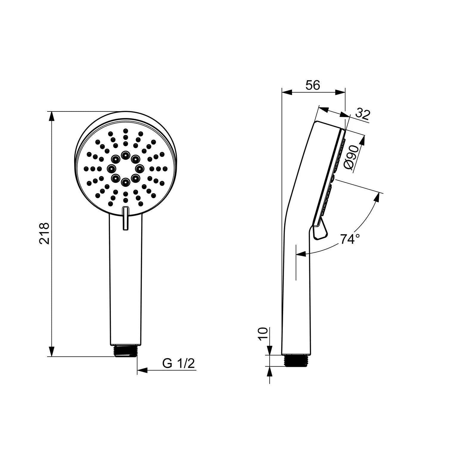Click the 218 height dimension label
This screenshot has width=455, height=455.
44,233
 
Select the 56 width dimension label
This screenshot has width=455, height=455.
313,85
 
